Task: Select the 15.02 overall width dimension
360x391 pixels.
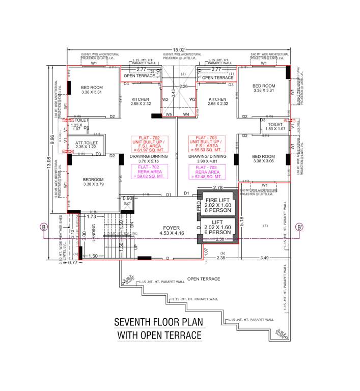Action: (178, 49)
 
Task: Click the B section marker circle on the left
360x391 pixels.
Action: (45, 227)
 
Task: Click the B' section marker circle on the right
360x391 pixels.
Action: (300, 227)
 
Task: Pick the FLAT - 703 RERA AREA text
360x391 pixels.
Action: (206, 172)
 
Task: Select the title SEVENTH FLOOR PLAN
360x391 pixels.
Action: (157, 322)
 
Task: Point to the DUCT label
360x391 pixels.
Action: (127, 203)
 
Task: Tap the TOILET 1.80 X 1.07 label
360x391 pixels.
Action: (275, 126)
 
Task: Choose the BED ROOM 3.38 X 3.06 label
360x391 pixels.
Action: (264, 158)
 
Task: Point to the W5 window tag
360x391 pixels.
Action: (169, 115)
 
